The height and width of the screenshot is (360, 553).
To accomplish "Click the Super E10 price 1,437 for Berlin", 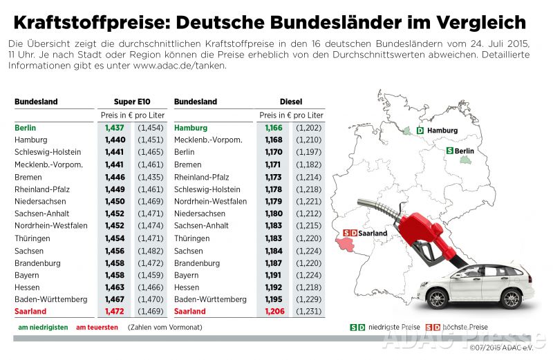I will pyautogui.click(x=114, y=128).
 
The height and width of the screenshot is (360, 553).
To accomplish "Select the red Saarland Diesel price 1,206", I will pyautogui.click(x=274, y=312).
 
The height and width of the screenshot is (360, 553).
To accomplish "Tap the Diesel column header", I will pyautogui.click(x=290, y=102).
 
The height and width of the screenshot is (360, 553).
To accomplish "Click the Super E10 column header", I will pyautogui.click(x=129, y=102).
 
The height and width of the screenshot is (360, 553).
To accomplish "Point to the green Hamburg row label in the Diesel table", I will pyautogui.click(x=191, y=128).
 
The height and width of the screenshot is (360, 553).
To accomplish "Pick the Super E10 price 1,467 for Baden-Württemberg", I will pyautogui.click(x=114, y=299).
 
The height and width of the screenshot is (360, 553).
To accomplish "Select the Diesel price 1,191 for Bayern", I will pyautogui.click(x=274, y=275).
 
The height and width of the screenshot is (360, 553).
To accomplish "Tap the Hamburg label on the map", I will pyautogui.click(x=442, y=130).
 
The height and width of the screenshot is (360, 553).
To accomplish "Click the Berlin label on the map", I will pyautogui.click(x=464, y=151).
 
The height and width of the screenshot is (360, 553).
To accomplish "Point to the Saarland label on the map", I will pyautogui.click(x=373, y=233).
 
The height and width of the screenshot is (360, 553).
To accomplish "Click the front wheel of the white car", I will pyautogui.click(x=440, y=298).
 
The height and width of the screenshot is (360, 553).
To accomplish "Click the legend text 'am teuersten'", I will pyautogui.click(x=96, y=327).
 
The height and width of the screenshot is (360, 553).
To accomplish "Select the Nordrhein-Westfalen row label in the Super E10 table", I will pyautogui.click(x=50, y=226).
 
